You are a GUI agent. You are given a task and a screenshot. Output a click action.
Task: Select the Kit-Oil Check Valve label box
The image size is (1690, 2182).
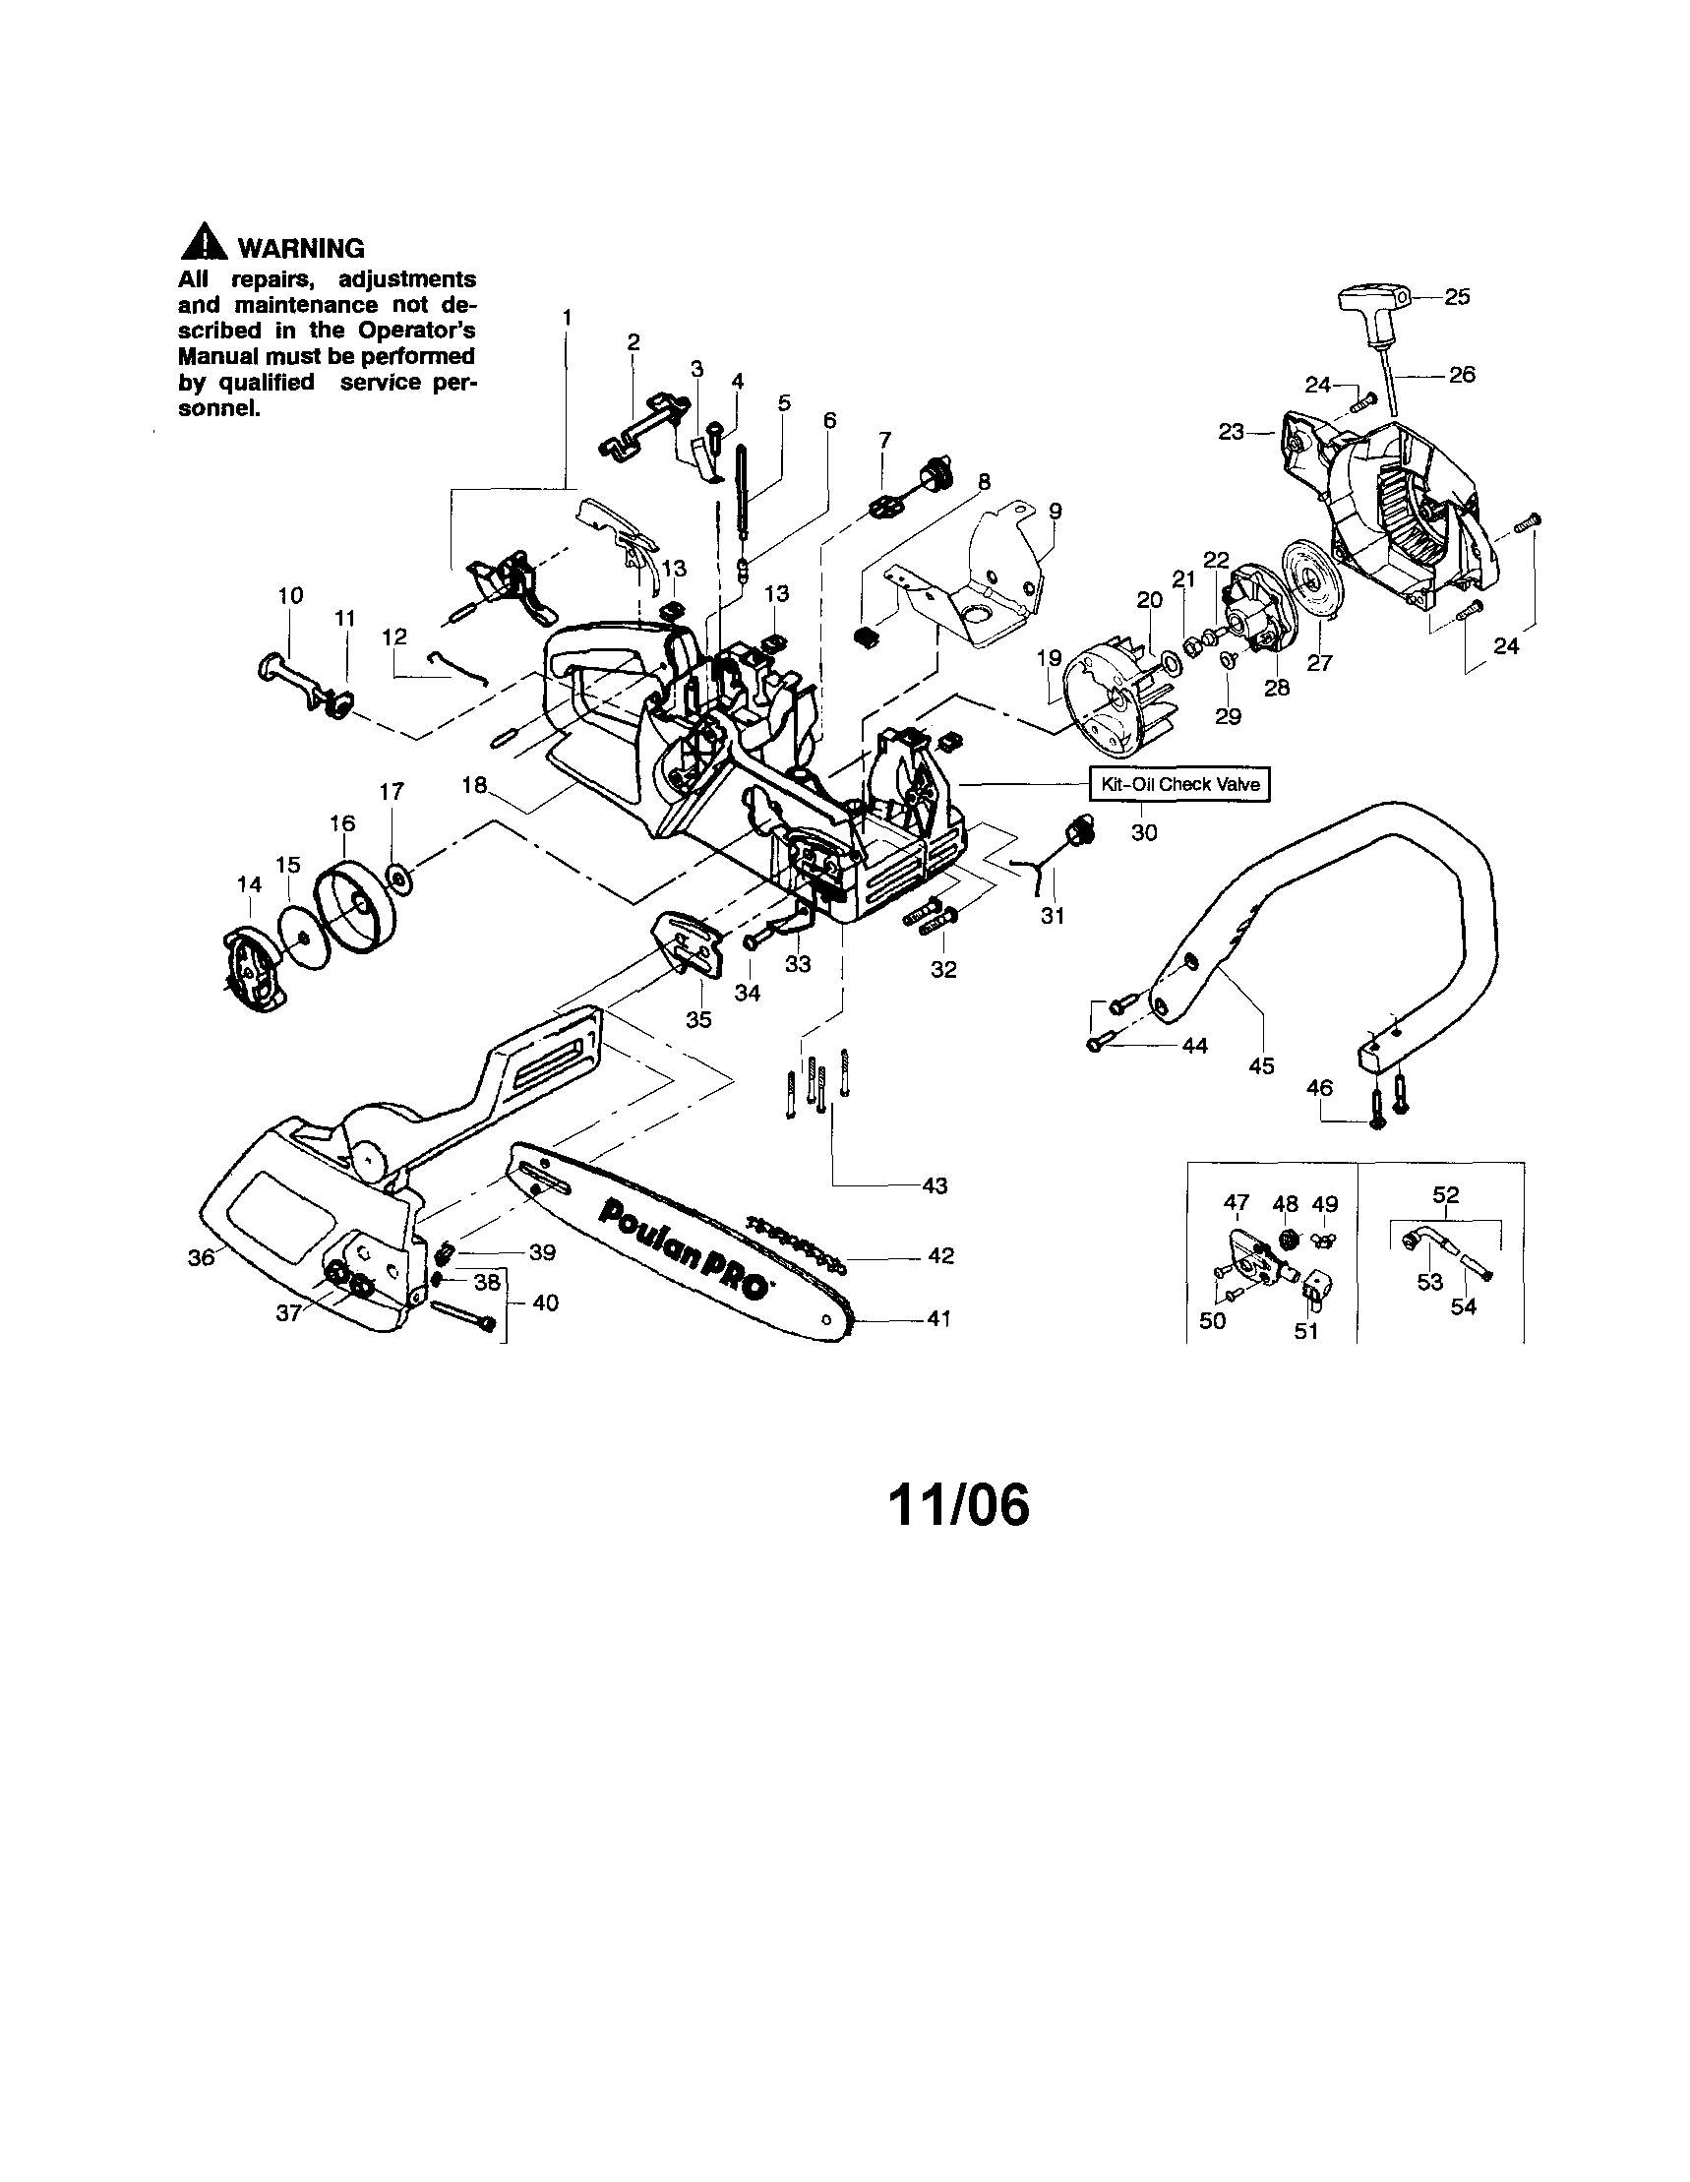click(1179, 784)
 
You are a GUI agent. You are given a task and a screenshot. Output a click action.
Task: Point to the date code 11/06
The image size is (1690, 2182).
click(958, 1503)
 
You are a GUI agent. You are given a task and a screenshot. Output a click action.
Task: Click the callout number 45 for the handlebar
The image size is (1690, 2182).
click(1261, 1066)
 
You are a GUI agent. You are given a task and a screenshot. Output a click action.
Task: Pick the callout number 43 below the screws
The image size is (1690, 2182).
click(935, 1184)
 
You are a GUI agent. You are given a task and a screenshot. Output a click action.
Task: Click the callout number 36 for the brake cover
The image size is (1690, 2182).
click(201, 1258)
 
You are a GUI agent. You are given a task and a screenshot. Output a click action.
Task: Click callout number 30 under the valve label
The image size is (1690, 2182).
click(1144, 831)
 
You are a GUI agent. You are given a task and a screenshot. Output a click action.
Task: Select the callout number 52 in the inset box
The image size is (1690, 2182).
click(1445, 1195)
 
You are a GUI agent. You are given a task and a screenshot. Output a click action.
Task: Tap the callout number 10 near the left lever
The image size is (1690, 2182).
click(289, 595)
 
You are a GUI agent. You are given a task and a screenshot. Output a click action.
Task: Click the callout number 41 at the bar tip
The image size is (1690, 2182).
click(938, 1319)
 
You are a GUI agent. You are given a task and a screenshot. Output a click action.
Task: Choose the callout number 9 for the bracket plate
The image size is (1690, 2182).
click(1055, 512)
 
